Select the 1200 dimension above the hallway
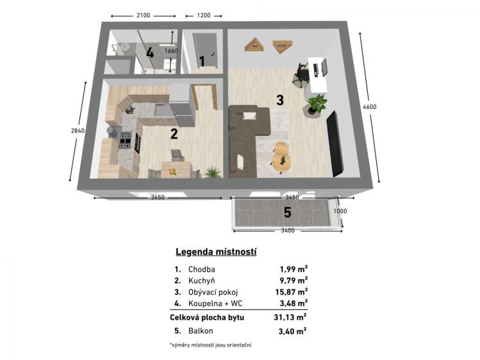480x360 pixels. (x=203, y=15)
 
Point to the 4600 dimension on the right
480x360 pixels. (x=370, y=106)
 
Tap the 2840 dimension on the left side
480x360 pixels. (x=77, y=130)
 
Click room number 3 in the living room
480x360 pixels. (x=279, y=100)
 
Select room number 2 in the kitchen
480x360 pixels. (x=173, y=134)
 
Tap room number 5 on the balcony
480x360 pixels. (x=287, y=213)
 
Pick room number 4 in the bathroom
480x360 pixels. (x=149, y=53)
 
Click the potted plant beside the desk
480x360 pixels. (x=316, y=104)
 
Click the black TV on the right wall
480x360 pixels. (x=334, y=142)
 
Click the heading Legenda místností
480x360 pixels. (x=216, y=252)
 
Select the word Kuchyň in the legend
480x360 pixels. (x=202, y=281)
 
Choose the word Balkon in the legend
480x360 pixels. (x=201, y=331)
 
